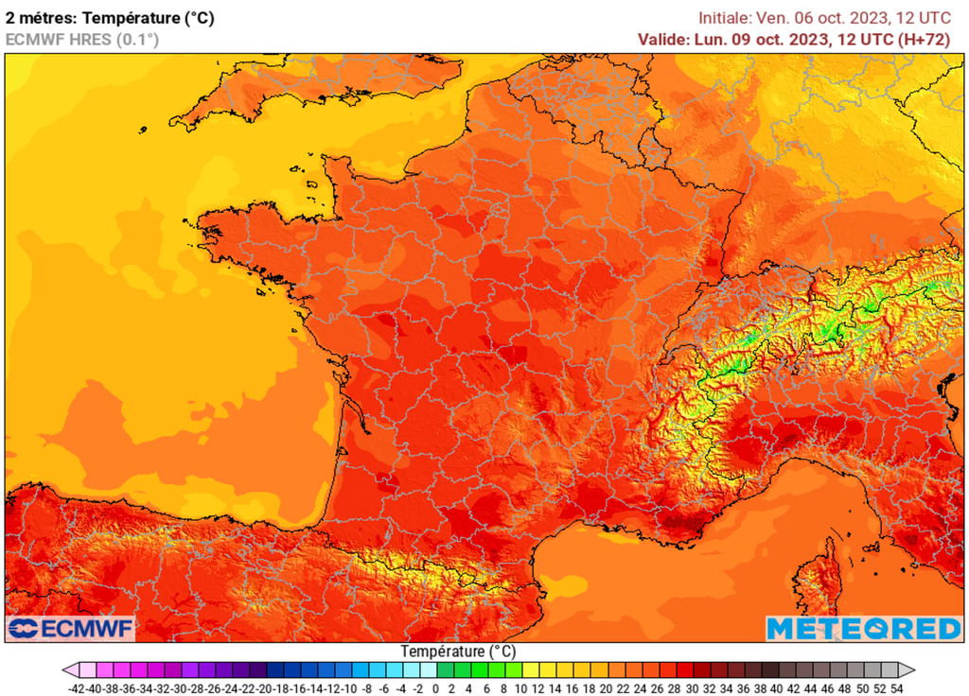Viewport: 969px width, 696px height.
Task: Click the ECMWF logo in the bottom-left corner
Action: pyautogui.click(x=71, y=628)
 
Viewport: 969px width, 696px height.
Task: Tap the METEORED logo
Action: pyautogui.click(x=863, y=628)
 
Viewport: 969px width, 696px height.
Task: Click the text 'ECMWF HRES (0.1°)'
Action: pyautogui.click(x=82, y=39)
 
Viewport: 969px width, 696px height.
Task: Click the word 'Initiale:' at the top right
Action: pyautogui.click(x=724, y=17)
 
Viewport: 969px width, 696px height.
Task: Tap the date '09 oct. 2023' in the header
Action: pyautogui.click(x=782, y=39)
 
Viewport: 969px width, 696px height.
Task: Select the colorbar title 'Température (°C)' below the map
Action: pyautogui.click(x=458, y=652)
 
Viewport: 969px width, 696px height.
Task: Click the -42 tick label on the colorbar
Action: pyautogui.click(x=78, y=689)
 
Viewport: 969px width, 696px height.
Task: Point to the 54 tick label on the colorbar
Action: pyautogui.click(x=895, y=689)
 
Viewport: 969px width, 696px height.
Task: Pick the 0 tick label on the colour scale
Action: pyautogui.click(x=435, y=689)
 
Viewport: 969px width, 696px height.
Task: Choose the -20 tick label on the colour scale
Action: pyautogui.click(x=265, y=689)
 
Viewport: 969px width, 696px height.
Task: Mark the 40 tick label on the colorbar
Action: pyautogui.click(x=776, y=689)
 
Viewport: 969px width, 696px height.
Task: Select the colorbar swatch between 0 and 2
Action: pyautogui.click(x=444, y=670)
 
